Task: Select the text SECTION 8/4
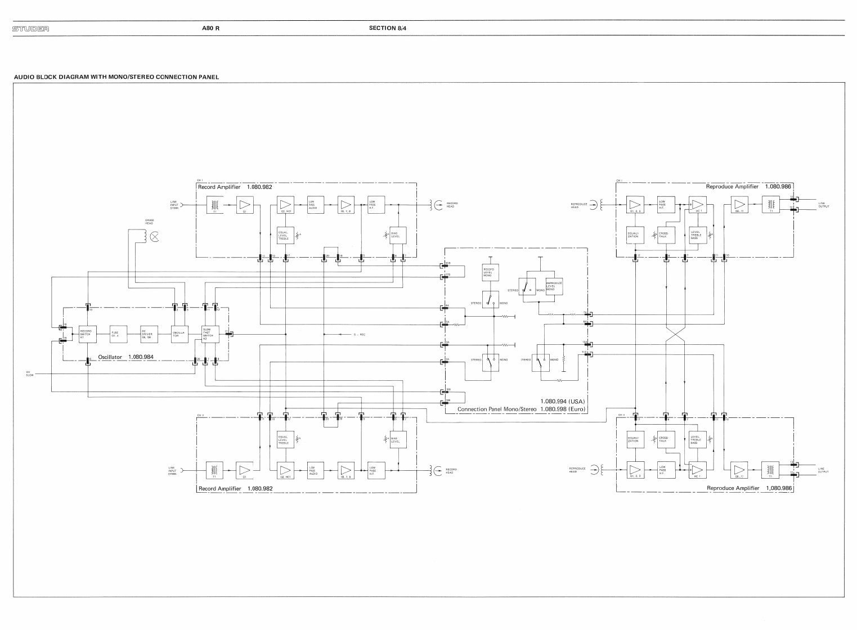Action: [388, 28]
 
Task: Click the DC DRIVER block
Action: [149, 334]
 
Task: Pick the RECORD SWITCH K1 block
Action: [87, 334]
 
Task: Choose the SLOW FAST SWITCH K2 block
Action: [210, 334]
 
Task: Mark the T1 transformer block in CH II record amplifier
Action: [214, 470]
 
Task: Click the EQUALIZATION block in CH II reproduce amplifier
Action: [635, 439]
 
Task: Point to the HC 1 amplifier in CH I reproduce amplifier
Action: [697, 205]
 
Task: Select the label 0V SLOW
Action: [30, 373]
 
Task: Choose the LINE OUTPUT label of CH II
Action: [824, 471]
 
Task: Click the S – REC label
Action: [360, 335]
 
